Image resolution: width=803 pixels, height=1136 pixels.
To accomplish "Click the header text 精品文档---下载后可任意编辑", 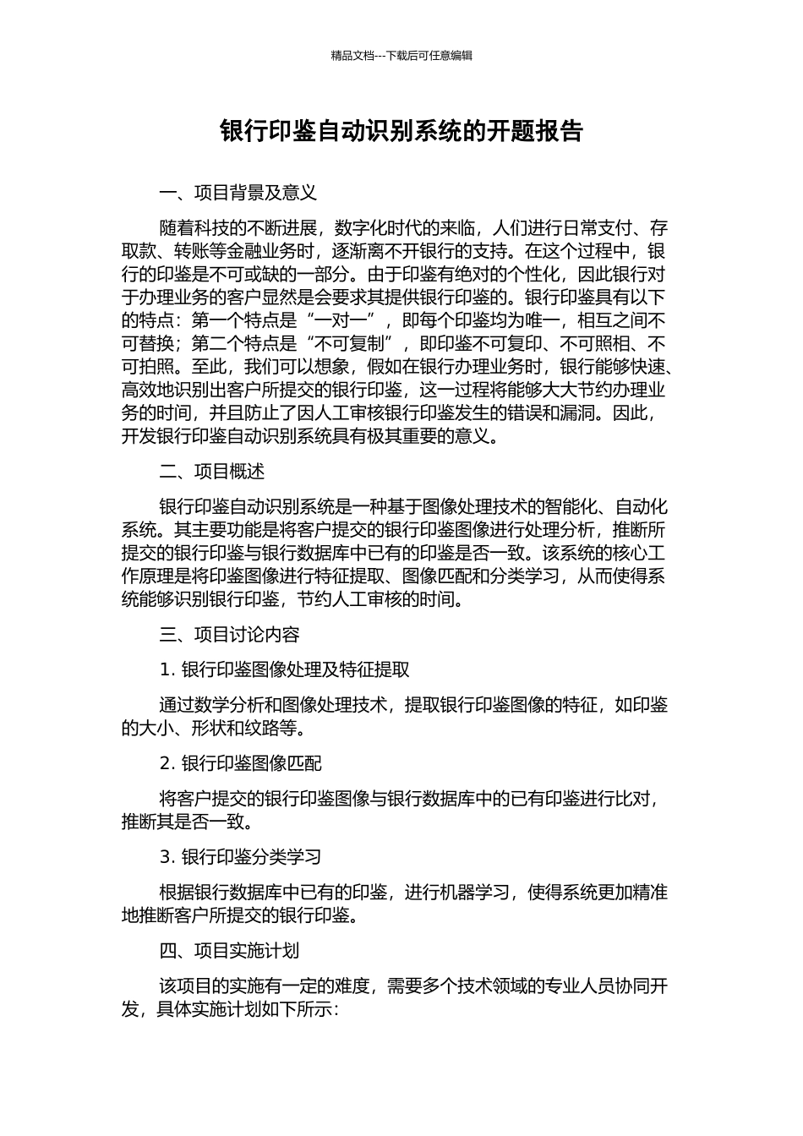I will pyautogui.click(x=401, y=56).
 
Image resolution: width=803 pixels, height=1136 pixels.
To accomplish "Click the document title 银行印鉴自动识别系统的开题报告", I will pyautogui.click(x=401, y=132).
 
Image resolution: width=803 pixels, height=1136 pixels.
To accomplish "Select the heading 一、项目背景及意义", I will pyautogui.click(x=238, y=193).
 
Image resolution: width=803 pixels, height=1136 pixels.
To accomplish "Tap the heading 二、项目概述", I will pyautogui.click(x=212, y=472).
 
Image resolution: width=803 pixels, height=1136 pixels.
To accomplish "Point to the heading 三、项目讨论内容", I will pyautogui.click(x=230, y=635).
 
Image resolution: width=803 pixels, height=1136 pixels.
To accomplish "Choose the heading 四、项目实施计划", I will pyautogui.click(x=230, y=951).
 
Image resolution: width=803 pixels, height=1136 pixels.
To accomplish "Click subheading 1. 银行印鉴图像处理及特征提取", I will pyautogui.click(x=285, y=670).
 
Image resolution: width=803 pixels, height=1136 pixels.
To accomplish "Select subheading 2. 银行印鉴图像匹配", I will pyautogui.click(x=241, y=763).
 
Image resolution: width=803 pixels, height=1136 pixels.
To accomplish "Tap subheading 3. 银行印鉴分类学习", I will pyautogui.click(x=241, y=857).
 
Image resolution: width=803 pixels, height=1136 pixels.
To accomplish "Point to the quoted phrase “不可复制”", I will pyautogui.click(x=355, y=344).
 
